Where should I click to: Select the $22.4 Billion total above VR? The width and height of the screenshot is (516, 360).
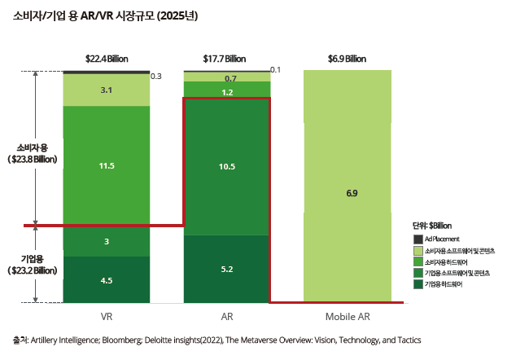point(107,59)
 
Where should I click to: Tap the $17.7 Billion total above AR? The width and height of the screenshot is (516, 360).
point(225,59)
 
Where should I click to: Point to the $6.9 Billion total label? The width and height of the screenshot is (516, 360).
point(347,59)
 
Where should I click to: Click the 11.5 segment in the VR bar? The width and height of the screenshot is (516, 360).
point(107,165)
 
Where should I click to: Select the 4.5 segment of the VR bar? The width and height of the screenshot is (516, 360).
point(107,280)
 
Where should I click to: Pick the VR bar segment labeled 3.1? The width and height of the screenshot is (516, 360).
point(107,90)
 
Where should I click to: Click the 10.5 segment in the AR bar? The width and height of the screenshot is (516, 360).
point(227,166)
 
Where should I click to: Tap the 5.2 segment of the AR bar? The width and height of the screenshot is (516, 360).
point(227,269)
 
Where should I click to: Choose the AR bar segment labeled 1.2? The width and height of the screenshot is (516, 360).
point(227,92)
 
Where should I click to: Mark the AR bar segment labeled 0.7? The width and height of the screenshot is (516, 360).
point(227,78)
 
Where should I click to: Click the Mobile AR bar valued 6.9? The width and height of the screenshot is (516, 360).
point(352,193)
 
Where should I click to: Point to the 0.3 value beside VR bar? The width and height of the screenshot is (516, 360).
point(156,76)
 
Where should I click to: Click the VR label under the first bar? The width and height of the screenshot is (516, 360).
point(107,316)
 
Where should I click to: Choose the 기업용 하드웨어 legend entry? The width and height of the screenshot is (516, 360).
point(445,283)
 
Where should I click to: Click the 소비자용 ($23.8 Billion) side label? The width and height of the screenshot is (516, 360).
point(32,154)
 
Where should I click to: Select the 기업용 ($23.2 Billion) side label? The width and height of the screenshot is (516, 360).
point(32,264)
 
